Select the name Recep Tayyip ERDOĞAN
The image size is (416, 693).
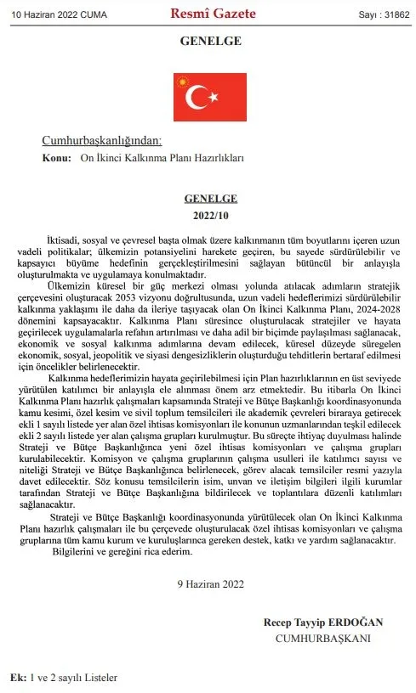pyautogui.click(x=323, y=623)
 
